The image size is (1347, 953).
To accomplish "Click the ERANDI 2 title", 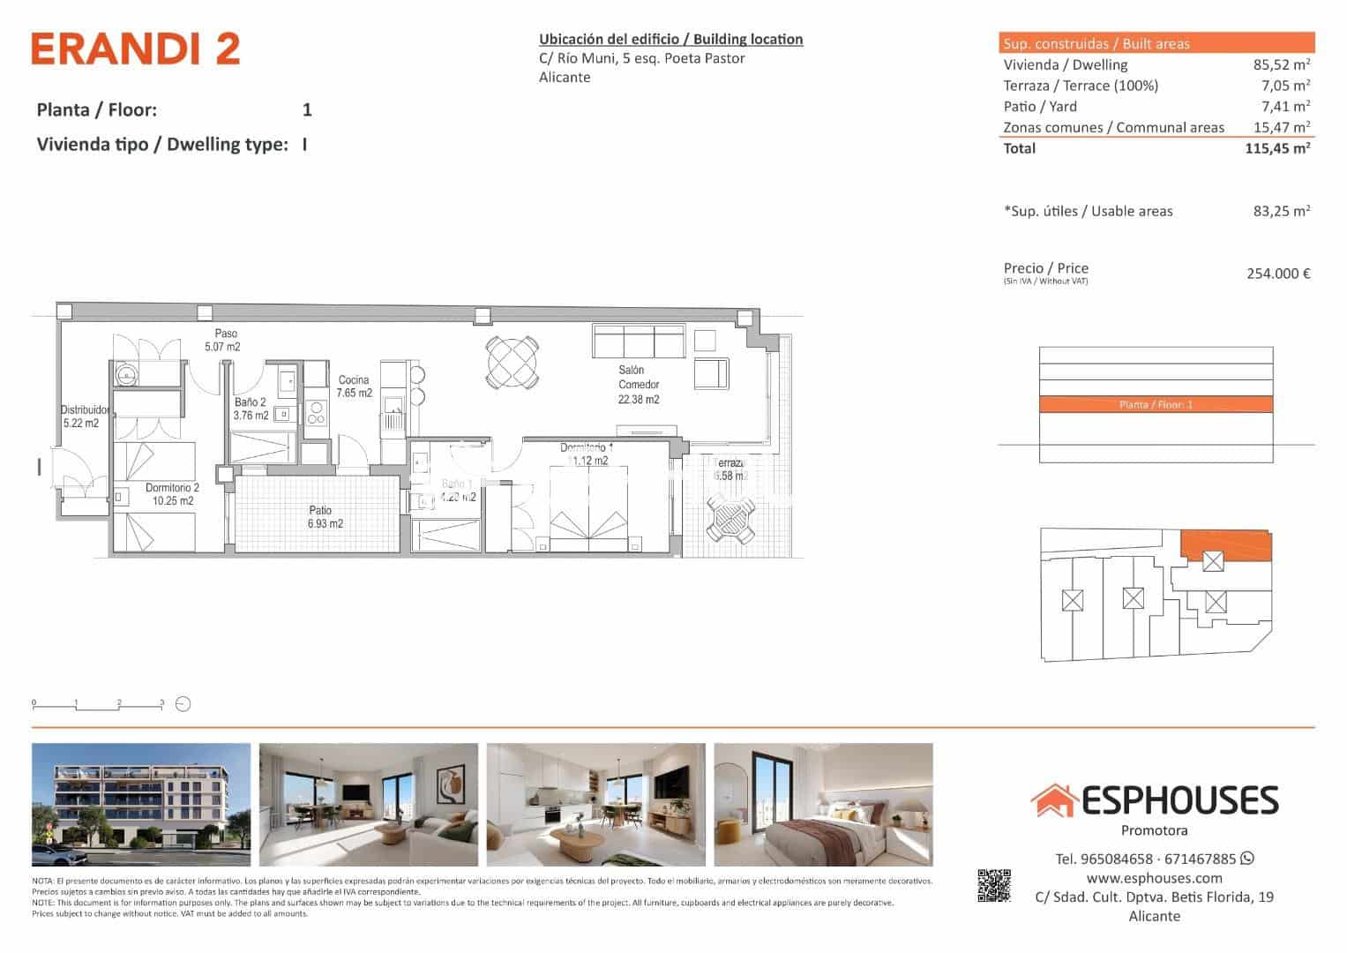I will [136, 49].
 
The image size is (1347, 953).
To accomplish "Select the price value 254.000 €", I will [1277, 274].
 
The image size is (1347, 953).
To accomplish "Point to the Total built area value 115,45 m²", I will [1276, 148].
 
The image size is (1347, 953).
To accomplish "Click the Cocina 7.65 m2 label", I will [354, 386].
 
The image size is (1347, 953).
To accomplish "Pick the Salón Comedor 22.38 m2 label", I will [638, 385].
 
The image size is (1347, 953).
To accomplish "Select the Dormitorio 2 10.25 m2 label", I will [172, 494].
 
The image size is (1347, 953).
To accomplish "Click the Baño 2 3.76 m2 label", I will [251, 409].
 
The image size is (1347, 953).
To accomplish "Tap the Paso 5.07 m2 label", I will [222, 341].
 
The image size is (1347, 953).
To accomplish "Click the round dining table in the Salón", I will [512, 362].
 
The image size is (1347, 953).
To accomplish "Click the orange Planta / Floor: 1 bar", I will [1156, 405].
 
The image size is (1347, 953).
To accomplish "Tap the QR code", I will [994, 886].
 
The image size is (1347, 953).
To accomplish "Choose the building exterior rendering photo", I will [141, 805].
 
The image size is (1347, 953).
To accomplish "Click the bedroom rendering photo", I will [823, 805].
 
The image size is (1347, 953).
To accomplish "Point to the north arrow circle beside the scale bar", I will [183, 704].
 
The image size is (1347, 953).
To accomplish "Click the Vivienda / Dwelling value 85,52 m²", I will [1281, 64].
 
